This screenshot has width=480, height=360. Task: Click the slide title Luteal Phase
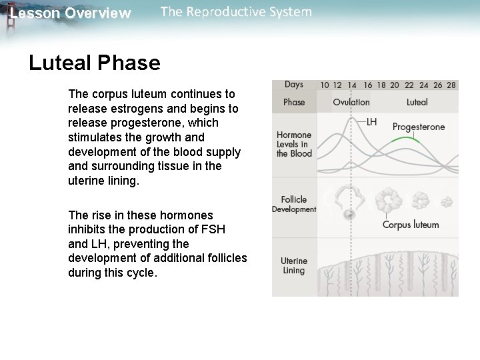coord(95,63)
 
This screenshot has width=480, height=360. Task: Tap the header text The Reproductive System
coord(236,12)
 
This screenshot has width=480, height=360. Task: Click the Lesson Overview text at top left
coord(71,13)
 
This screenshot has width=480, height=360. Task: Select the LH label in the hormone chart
coord(371,122)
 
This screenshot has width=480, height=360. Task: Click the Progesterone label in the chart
coord(419,127)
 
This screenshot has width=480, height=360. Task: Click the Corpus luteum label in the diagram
coord(411,225)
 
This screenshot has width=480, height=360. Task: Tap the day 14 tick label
coord(352,85)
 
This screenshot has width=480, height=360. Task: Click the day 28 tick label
coord(451,85)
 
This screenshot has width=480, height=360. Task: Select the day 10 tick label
coord(324,85)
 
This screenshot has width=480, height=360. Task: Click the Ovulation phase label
coord(351,102)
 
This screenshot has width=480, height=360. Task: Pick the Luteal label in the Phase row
coord(417,102)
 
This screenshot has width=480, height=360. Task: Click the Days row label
coord(293,85)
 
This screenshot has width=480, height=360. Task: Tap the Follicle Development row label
coord(294,204)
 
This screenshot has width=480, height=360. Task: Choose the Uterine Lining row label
coord(294,265)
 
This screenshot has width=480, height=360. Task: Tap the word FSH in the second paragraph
coord(211,229)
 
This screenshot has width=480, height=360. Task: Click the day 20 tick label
coord(395,85)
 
